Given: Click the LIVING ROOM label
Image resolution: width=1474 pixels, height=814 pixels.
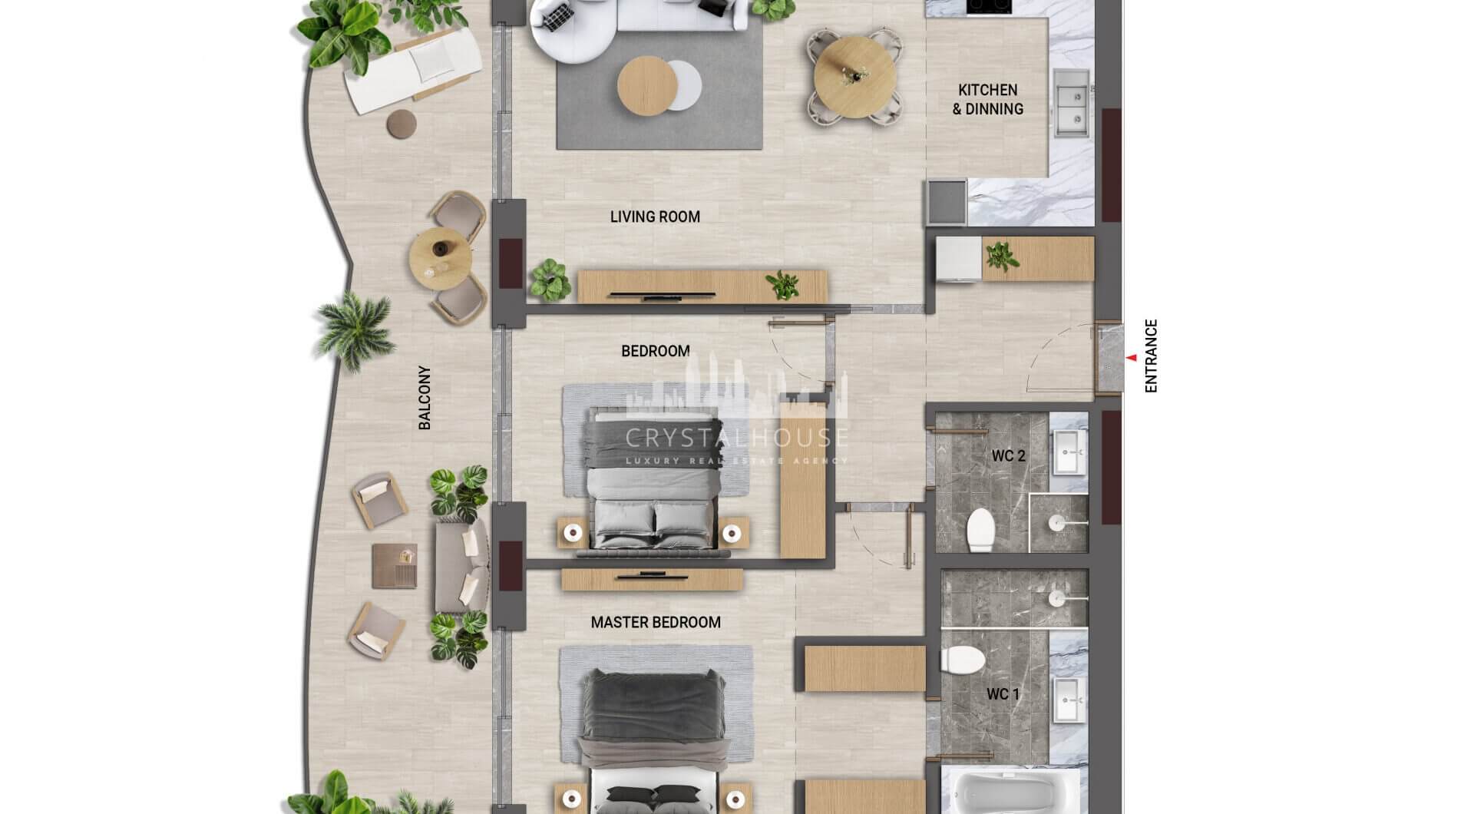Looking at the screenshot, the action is point(655,217).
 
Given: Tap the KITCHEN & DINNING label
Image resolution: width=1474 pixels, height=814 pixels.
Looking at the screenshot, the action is point(988,100).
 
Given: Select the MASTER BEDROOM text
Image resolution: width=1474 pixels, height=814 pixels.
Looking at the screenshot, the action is point(656,623).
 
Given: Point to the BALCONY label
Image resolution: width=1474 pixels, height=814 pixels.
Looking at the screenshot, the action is point(425,397).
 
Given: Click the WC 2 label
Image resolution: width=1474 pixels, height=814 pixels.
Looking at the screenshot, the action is point(1008,456).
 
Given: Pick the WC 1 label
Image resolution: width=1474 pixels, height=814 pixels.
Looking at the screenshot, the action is point(1003,695).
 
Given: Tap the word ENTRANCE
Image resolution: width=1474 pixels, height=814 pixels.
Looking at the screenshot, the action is point(1150,356).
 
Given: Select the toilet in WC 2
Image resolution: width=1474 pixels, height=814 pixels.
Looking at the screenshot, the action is point(980,529).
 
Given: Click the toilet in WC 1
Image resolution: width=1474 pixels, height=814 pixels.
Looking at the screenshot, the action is point(963,659).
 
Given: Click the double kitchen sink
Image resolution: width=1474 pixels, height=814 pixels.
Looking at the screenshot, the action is point(1072,97).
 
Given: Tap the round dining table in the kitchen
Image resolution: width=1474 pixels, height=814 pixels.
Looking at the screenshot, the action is point(854,76).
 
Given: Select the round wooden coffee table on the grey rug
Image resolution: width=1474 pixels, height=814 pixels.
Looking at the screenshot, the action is point(647,86).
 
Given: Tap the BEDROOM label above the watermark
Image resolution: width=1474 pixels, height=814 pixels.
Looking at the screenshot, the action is point(656,352).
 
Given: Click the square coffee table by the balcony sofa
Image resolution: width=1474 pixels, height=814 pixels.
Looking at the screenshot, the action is point(395,566).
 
